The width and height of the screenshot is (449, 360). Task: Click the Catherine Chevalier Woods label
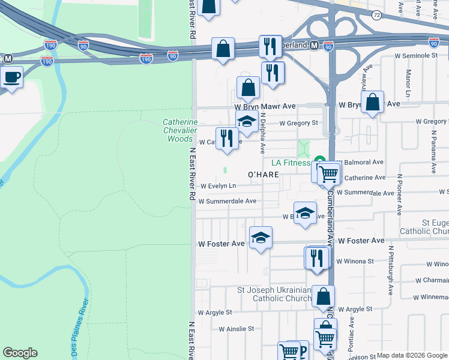(x=179, y=130)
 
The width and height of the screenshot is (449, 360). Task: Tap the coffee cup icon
(x=11, y=77)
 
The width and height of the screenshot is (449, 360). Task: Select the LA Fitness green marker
(x=319, y=162)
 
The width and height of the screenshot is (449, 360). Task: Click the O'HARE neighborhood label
(x=264, y=175)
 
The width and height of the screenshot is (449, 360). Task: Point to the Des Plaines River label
(x=81, y=336)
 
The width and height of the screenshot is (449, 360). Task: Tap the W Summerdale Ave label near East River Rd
(x=228, y=201)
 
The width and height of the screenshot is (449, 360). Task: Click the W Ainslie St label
(x=237, y=329)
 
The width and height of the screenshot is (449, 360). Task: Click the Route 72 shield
(x=376, y=14)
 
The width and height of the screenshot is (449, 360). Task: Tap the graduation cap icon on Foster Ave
(x=261, y=238)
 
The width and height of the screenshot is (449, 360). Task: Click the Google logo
(x=20, y=353)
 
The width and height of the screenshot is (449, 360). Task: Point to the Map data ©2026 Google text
(x=411, y=355)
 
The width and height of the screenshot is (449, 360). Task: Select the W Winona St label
(x=355, y=261)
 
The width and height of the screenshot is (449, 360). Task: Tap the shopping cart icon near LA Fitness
(x=328, y=173)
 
